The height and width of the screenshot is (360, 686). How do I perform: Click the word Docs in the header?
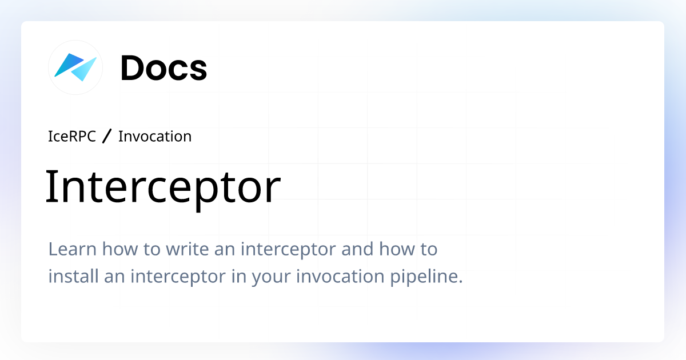[163, 68]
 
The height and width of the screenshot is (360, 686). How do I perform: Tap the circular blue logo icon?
[75, 67]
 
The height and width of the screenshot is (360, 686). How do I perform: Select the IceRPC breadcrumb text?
[72, 137]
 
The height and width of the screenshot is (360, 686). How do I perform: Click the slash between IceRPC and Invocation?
[107, 137]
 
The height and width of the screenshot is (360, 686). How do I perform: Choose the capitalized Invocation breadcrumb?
[154, 137]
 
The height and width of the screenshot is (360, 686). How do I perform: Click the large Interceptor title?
[163, 187]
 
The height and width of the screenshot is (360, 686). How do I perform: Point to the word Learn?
[66, 250]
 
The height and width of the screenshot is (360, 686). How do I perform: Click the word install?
[67, 277]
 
